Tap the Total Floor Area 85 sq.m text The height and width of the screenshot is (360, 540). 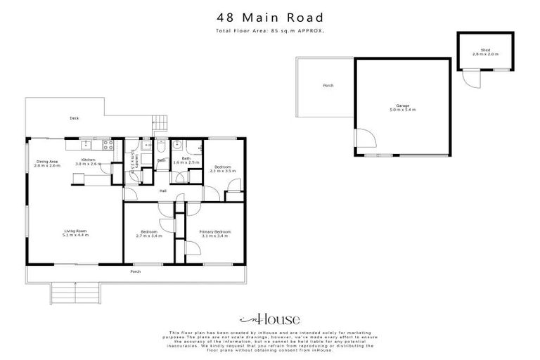click(270, 32)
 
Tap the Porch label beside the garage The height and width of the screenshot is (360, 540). click(328, 86)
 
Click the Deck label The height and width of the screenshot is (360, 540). click(74, 118)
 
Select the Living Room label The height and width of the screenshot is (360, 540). click(75, 233)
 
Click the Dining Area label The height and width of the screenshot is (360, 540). click(49, 163)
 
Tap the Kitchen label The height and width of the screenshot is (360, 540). click(88, 161)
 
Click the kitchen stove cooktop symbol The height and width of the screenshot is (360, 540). click(108, 146)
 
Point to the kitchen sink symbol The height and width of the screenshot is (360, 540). click(85, 146)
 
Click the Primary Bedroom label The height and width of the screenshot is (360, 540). click(214, 233)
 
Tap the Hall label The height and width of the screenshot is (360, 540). click(162, 190)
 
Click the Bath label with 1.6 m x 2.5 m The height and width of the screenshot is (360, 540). click(186, 160)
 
